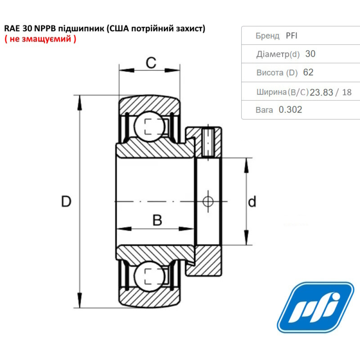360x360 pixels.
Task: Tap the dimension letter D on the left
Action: [66, 202]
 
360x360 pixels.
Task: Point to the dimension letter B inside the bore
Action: [157, 220]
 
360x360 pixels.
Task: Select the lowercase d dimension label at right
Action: [252, 202]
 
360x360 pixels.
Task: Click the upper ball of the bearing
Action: [149, 127]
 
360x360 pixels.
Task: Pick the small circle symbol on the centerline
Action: [208, 201]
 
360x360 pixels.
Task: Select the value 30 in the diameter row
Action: [310, 54]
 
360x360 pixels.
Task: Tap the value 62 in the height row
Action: [308, 72]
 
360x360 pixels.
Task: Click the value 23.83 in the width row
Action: [321, 93]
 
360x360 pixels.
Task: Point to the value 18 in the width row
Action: [347, 93]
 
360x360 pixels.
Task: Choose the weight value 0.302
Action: [290, 110]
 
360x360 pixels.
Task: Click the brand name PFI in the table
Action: [292, 36]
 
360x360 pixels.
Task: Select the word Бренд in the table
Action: [267, 36]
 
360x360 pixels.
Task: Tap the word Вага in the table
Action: [264, 110]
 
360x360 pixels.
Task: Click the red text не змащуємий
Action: [40, 39]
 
